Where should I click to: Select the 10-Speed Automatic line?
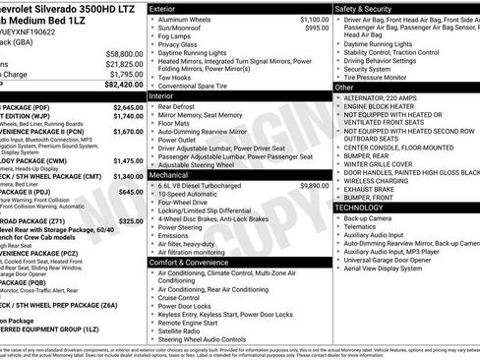191,194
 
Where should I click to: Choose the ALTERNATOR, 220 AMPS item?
385,97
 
